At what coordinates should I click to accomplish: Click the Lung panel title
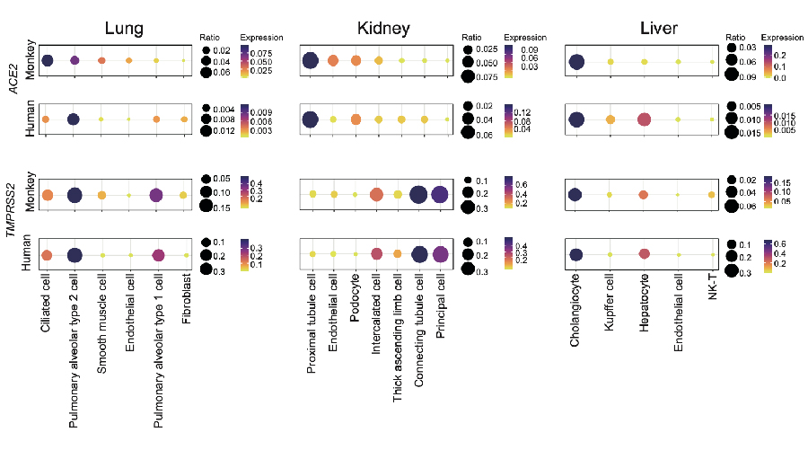pos(124,28)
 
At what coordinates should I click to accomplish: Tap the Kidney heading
pos(383,29)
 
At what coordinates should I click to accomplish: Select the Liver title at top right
pos(659,28)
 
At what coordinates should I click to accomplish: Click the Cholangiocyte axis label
pos(575,310)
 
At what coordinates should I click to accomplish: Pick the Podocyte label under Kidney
pos(355,298)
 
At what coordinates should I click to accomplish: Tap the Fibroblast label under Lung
pos(187,298)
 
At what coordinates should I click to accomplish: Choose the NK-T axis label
pos(713,287)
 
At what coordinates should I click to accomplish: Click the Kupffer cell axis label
pos(609,302)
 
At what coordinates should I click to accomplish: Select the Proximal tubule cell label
pos(312,323)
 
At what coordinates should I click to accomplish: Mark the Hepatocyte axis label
pos(644,302)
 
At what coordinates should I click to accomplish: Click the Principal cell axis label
pos(440,305)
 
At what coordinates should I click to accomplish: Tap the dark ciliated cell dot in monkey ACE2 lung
pos(47,60)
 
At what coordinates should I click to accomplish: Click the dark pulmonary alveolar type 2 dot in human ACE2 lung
pos(74,119)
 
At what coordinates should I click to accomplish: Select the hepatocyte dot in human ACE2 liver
pos(644,119)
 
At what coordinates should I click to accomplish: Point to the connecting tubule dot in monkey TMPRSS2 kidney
pos(418,195)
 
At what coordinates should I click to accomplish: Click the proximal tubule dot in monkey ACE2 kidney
pos(311,60)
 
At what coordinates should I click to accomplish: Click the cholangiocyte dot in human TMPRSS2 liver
pos(576,254)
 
